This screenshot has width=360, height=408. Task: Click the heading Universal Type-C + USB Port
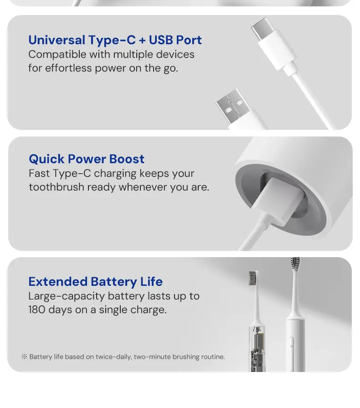[x=115, y=40]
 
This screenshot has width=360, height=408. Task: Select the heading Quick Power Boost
[x=87, y=159]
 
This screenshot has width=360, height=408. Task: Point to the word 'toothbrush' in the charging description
[x=57, y=187]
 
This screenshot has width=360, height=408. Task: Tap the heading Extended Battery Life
[x=95, y=282]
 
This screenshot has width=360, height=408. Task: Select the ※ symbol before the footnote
[x=24, y=356]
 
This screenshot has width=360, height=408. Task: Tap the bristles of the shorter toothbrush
[x=253, y=278]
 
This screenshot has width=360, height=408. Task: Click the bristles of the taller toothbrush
[x=295, y=263]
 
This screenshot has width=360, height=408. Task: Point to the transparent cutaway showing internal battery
[x=257, y=349]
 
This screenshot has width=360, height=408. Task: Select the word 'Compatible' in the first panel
[x=57, y=55]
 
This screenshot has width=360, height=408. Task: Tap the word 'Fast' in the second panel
[x=39, y=174]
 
